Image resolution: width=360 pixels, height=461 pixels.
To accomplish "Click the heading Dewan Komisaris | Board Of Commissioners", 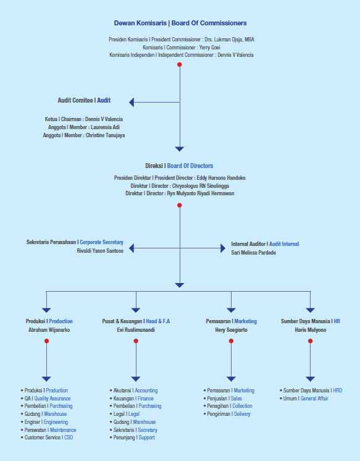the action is pos(180,23).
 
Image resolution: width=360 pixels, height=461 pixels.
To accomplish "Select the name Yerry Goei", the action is pos(209,48).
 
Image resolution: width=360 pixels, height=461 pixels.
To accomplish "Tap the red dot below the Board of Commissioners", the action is pos(179,64).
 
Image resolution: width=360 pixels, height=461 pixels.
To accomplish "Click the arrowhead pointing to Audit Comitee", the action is pos(132,103).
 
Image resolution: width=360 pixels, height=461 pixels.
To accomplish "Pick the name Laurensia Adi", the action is pos(105,127).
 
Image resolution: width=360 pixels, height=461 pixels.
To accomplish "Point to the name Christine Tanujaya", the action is pos(105,135).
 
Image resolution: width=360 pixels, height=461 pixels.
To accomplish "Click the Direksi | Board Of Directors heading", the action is pos(179,166).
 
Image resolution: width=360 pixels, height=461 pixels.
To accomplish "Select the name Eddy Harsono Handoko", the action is pos(221,178).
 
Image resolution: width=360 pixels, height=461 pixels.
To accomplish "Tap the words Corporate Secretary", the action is pos(101,242).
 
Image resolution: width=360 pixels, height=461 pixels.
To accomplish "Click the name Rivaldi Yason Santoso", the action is pos(100,251).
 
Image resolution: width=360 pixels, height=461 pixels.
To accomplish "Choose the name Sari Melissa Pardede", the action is pos(253,253).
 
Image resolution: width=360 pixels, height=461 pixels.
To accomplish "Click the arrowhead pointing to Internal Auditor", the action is pos(223,248).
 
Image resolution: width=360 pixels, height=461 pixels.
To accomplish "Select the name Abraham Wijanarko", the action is pos(49,330).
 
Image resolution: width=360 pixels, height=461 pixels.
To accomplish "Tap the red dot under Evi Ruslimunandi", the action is pos(136,341).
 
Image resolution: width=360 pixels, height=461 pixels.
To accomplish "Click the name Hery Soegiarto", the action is pos(232,330).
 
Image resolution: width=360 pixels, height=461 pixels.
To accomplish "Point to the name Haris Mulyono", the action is pos(311,330).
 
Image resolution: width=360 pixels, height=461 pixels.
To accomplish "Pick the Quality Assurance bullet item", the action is pos(46,399).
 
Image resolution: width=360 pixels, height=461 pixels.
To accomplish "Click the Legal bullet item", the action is pos(125,414).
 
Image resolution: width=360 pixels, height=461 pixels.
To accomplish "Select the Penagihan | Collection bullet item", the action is pos(228,406).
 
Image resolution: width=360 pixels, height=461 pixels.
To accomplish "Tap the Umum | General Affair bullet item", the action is pos(304,399).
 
